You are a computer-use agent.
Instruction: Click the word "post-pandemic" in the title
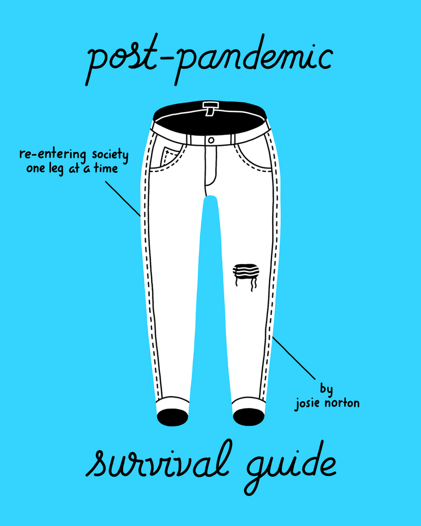point(210,60)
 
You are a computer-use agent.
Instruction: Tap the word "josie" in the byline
point(310,403)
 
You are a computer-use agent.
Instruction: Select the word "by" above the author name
point(326,389)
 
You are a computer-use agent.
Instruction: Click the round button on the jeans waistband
point(211,140)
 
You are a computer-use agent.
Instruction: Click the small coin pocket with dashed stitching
point(168,156)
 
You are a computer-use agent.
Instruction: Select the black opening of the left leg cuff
point(172,417)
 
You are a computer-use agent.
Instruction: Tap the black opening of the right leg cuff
point(248,416)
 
